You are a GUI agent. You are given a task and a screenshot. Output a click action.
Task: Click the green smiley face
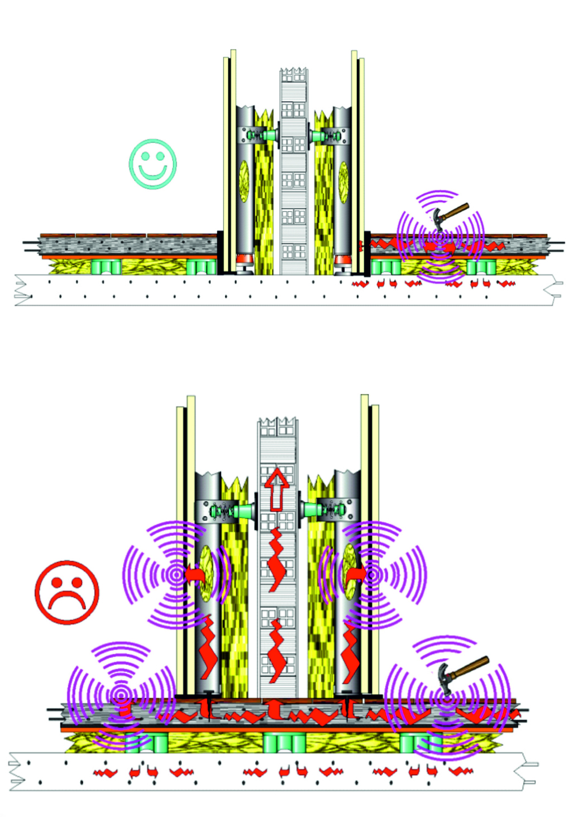[152, 164]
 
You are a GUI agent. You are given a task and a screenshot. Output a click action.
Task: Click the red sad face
[67, 592]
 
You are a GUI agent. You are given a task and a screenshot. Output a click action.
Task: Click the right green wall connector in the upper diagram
[318, 135]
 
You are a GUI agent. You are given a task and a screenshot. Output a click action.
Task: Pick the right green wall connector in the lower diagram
[310, 510]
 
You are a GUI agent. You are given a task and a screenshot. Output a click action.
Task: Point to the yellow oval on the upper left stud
[244, 181]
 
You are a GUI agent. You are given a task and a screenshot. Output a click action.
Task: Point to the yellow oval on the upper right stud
[343, 181]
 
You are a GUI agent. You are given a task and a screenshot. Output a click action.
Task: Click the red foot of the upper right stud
[342, 259]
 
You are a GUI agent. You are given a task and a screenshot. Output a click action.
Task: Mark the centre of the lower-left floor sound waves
[121, 695]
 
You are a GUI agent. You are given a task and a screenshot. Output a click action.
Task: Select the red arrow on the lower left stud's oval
[194, 574]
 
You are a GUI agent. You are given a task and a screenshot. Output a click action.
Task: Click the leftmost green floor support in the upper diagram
[106, 267]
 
